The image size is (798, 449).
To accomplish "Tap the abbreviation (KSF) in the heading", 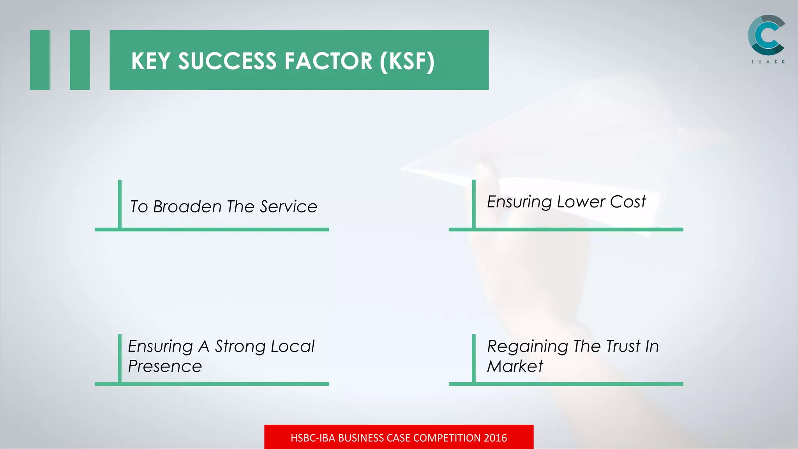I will tap(407, 61).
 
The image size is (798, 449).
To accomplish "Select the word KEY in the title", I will tap(151, 61).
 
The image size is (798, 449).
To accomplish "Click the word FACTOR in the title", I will tap(328, 61).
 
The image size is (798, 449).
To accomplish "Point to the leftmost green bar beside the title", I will tap(40, 60).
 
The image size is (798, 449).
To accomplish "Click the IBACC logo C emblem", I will tap(766, 35).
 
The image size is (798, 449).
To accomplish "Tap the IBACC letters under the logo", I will tap(768, 62).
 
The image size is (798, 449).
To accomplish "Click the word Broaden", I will tap(187, 207).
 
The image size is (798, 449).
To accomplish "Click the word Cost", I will tap(628, 202).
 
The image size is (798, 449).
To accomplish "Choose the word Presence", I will tap(165, 366).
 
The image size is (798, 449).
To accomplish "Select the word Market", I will tap(515, 366).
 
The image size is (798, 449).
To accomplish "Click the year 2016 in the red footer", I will tap(495, 438).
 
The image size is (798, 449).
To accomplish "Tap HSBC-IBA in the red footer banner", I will tap(312, 438).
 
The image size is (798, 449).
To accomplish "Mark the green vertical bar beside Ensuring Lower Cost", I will tap(474, 203).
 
